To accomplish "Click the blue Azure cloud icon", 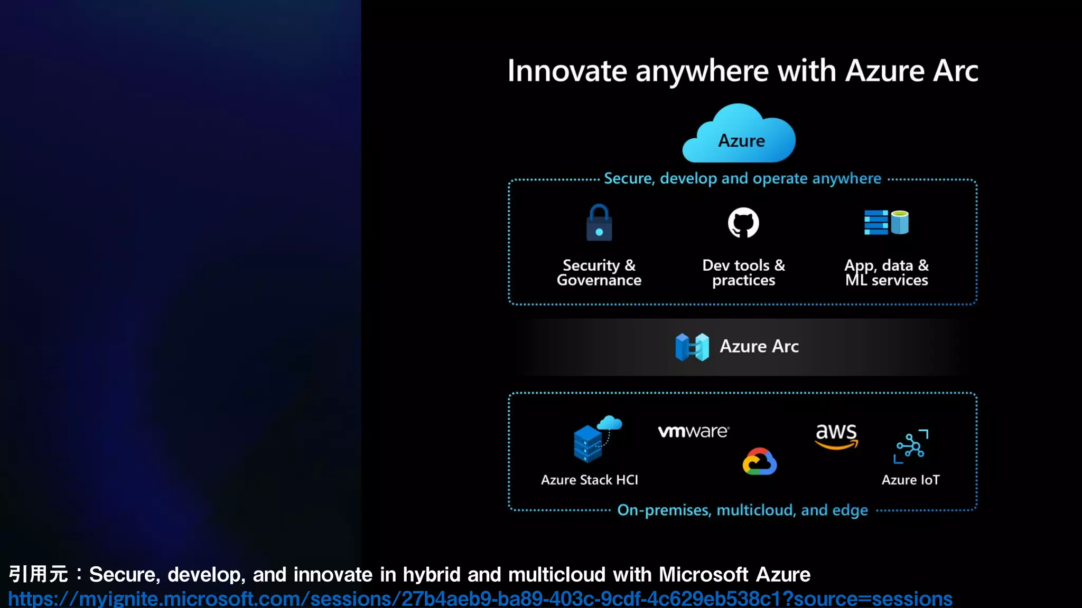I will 739,135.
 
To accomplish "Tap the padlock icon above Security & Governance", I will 599,223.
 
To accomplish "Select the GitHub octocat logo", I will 743,223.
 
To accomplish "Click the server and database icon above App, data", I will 886,222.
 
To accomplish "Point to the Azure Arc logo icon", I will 692,347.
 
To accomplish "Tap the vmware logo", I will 693,431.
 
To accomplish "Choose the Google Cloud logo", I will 760,462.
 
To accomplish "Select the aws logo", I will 836,435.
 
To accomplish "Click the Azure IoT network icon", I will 911,446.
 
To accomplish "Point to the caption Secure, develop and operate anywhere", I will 742,178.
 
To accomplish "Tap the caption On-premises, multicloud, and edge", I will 742,510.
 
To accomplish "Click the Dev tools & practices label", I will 743,272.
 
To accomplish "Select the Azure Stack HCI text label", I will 590,480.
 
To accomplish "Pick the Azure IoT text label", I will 910,480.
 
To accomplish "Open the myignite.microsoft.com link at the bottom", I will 480,598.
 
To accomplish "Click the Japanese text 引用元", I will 38,574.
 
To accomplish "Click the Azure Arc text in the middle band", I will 759,346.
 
